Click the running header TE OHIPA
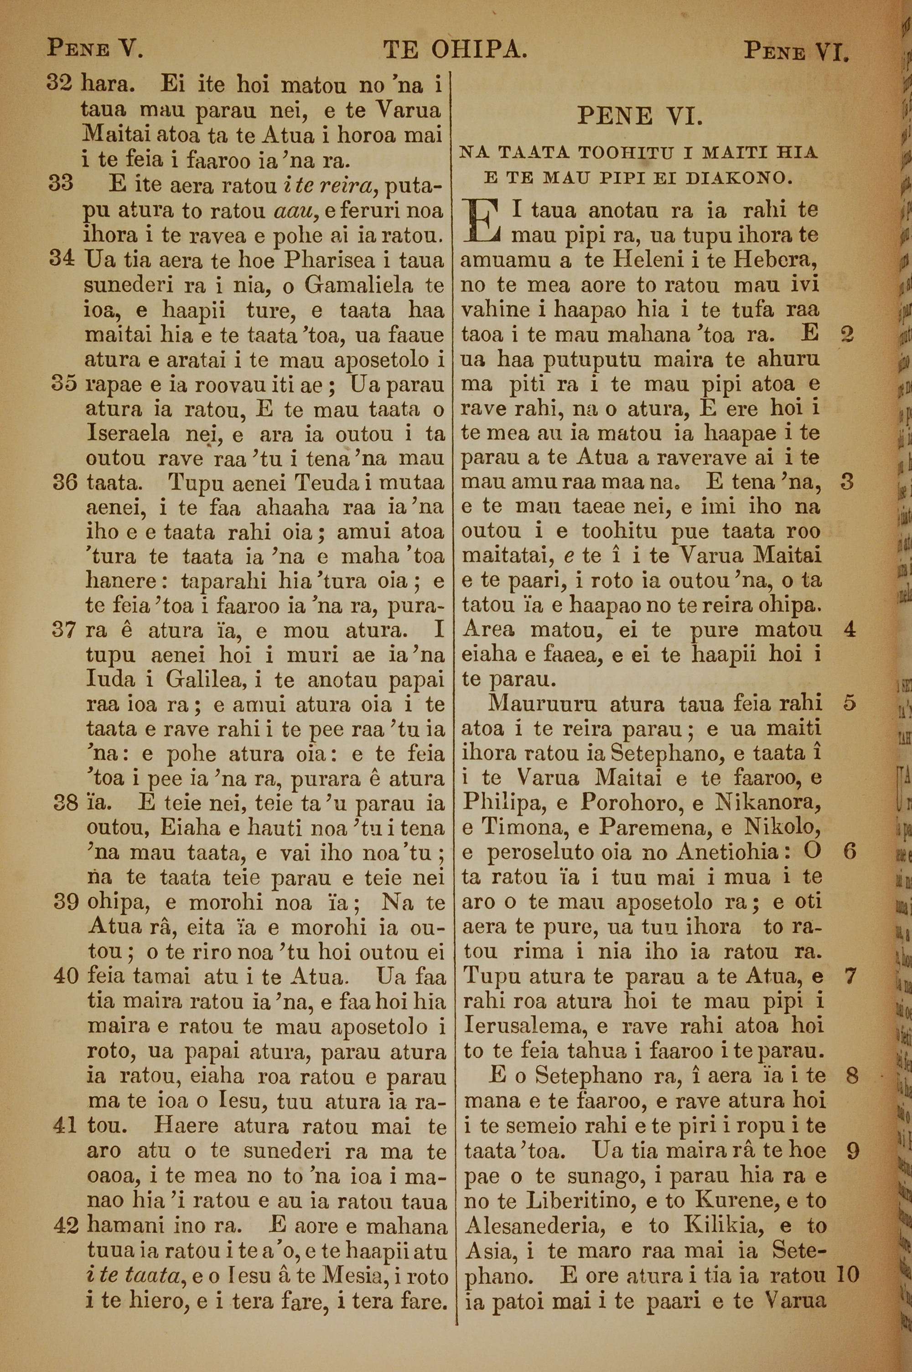coord(455,51)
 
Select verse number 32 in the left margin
coord(59,84)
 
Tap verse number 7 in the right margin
coord(850,976)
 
